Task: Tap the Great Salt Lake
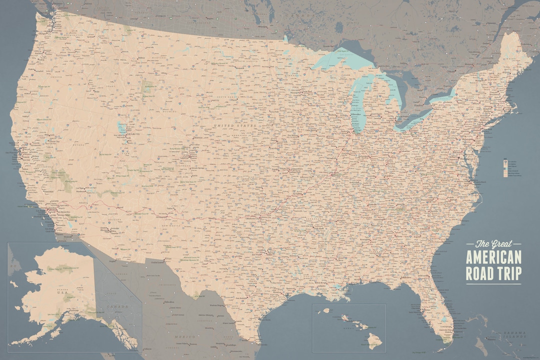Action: pyautogui.click(x=120, y=127)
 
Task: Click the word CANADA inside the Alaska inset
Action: pyautogui.click(x=117, y=305)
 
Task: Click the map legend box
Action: pyautogui.click(x=508, y=167)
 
